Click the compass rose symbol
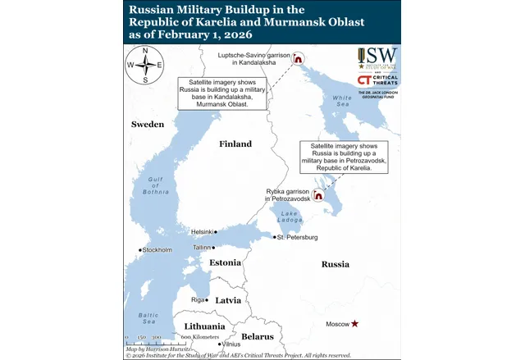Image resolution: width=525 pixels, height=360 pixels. tap(145, 66)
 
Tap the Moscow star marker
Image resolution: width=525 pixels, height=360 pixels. tap(354, 324)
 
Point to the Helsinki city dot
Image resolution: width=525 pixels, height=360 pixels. tap(217, 232)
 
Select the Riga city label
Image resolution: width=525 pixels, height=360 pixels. tap(197, 300)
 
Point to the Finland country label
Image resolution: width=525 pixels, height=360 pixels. tap(235, 144)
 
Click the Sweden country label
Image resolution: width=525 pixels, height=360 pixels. tap(148, 124)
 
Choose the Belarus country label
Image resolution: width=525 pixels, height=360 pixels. tap(258, 337)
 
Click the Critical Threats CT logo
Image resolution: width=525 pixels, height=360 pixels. tap(366, 80)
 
